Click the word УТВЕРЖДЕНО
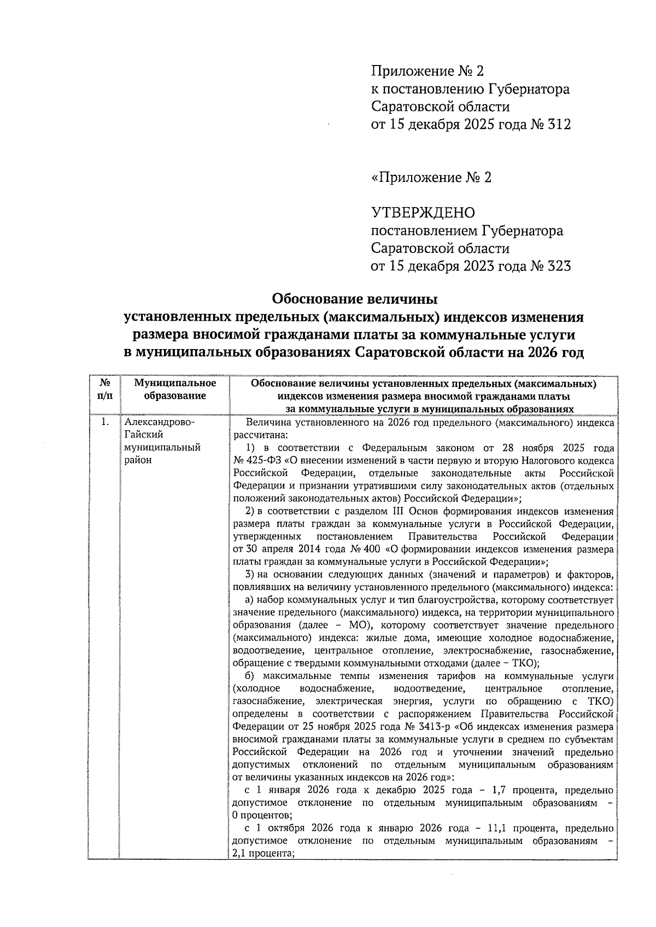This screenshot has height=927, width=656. (x=423, y=212)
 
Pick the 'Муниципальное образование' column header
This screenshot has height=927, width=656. (x=175, y=389)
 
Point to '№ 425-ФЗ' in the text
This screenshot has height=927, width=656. (x=256, y=460)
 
